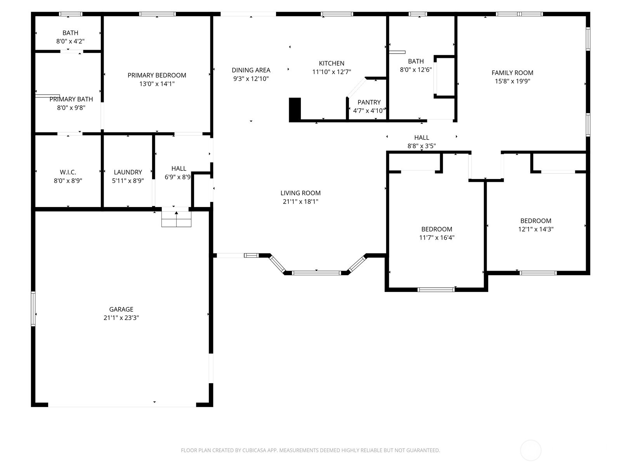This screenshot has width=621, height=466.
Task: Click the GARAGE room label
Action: [121, 309]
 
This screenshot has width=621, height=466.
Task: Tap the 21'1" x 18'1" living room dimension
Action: [300, 202]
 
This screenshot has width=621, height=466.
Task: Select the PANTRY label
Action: [369, 102]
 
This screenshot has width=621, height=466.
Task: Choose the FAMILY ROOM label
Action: [512, 73]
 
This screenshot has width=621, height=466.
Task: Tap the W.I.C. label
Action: [68, 172]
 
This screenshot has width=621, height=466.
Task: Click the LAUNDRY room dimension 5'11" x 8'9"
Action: [128, 181]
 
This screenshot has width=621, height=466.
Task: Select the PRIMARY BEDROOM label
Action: [157, 75]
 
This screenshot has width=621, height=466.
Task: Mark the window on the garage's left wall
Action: [33, 309]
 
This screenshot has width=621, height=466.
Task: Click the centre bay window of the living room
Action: [316, 273]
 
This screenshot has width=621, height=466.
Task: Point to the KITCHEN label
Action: [331, 63]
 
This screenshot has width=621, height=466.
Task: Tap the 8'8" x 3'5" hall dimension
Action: [422, 146]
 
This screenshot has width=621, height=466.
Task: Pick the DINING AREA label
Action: [251, 70]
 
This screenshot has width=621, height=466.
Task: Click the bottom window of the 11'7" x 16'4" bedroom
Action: [436, 289]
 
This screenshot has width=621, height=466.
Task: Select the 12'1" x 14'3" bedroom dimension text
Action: [536, 229]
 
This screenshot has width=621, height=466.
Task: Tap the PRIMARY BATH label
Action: [71, 99]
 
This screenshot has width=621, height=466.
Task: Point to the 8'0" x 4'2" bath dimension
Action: [70, 41]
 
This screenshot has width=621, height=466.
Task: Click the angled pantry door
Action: [356, 87]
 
